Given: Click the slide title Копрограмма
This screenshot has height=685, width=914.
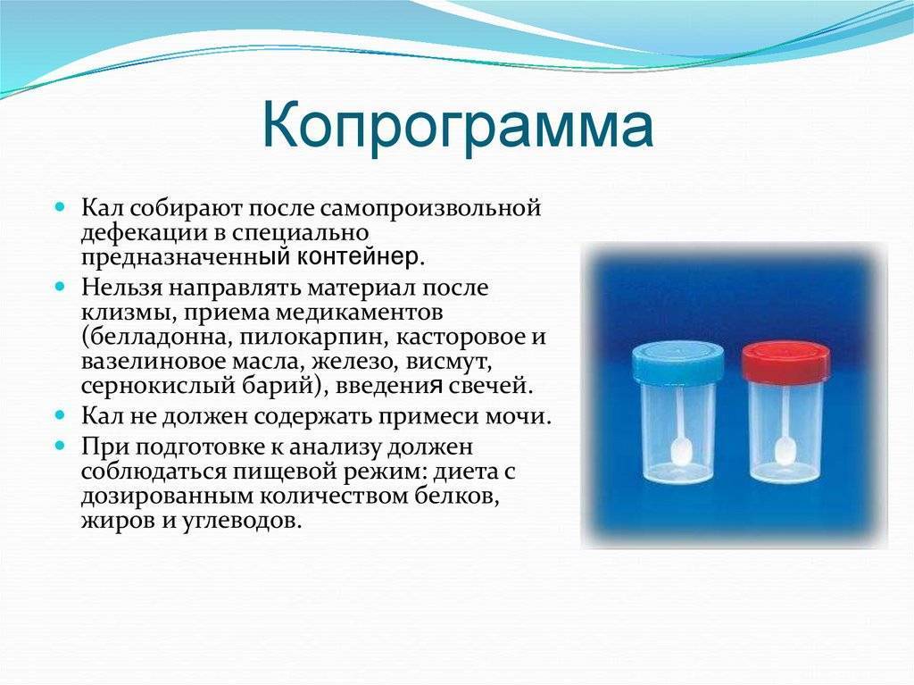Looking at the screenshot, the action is pos(458,126).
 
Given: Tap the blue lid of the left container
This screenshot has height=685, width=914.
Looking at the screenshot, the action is pos(678,362).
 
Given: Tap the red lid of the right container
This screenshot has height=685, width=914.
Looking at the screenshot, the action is pos(785,362).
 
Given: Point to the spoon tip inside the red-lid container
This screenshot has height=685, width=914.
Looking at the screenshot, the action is pos(785,450).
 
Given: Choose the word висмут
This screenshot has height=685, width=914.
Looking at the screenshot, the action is pos(449,362).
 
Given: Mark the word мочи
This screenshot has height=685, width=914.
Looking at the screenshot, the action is pos(519,417).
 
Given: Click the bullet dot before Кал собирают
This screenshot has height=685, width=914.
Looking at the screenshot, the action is pos(60,207).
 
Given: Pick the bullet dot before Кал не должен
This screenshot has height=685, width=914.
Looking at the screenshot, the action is pos(60,415).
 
